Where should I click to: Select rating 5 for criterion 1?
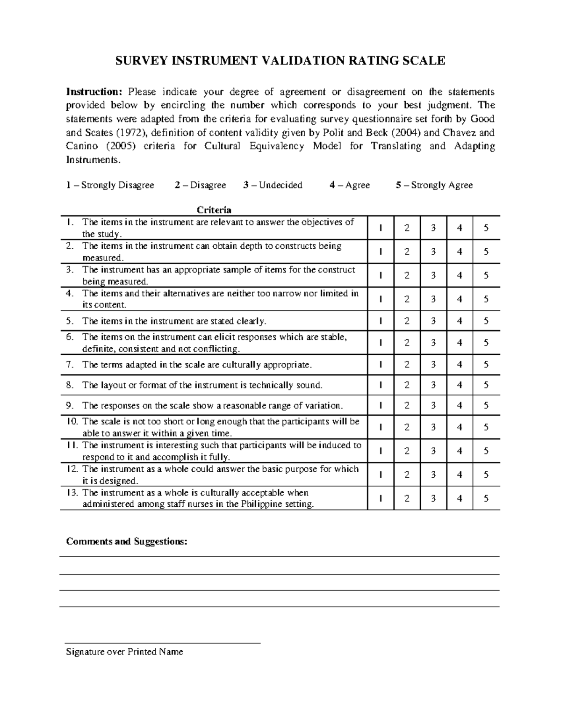point(486,228)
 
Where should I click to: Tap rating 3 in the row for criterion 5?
point(433,321)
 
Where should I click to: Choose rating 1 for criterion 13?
point(381,498)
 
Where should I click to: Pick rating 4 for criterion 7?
point(460,365)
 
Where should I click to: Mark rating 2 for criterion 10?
point(407,427)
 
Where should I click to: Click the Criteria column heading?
point(214,209)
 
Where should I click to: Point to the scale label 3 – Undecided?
point(273,185)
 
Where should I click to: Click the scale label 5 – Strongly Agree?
point(434,185)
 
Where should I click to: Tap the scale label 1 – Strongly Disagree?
point(110,185)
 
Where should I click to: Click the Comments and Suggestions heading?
point(127,541)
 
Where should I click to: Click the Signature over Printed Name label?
point(124,652)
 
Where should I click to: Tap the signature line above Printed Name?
point(162,643)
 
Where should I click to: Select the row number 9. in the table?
point(70,405)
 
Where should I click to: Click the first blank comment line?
point(280,556)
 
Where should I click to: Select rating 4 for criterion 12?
point(460,474)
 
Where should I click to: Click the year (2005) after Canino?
point(121,146)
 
